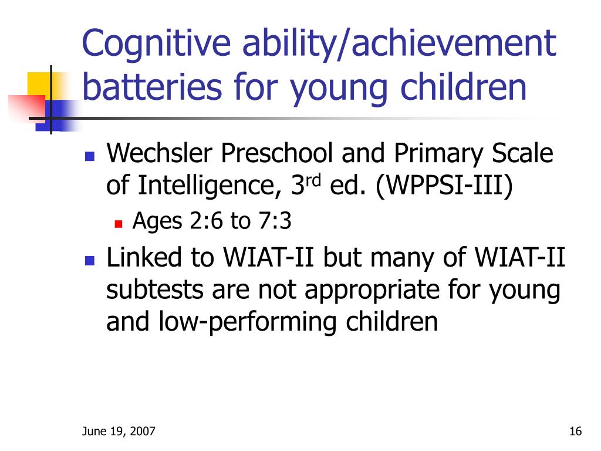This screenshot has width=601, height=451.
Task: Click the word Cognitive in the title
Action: (156, 43)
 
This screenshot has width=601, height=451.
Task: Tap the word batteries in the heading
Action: (152, 87)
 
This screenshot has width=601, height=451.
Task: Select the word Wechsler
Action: (159, 153)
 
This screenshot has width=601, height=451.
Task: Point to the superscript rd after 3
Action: (313, 180)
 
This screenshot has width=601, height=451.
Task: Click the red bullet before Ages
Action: (119, 224)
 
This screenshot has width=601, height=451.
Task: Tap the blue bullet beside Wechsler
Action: (90, 156)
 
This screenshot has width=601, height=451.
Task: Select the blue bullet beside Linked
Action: (90, 261)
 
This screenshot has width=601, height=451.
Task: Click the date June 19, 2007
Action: (119, 432)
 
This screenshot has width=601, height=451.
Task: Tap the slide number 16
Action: (575, 432)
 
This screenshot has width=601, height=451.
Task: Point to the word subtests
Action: (154, 290)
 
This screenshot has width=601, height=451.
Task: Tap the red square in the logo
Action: (28, 108)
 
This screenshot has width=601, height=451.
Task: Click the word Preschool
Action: (276, 153)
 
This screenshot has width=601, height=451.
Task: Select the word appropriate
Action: (372, 291)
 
